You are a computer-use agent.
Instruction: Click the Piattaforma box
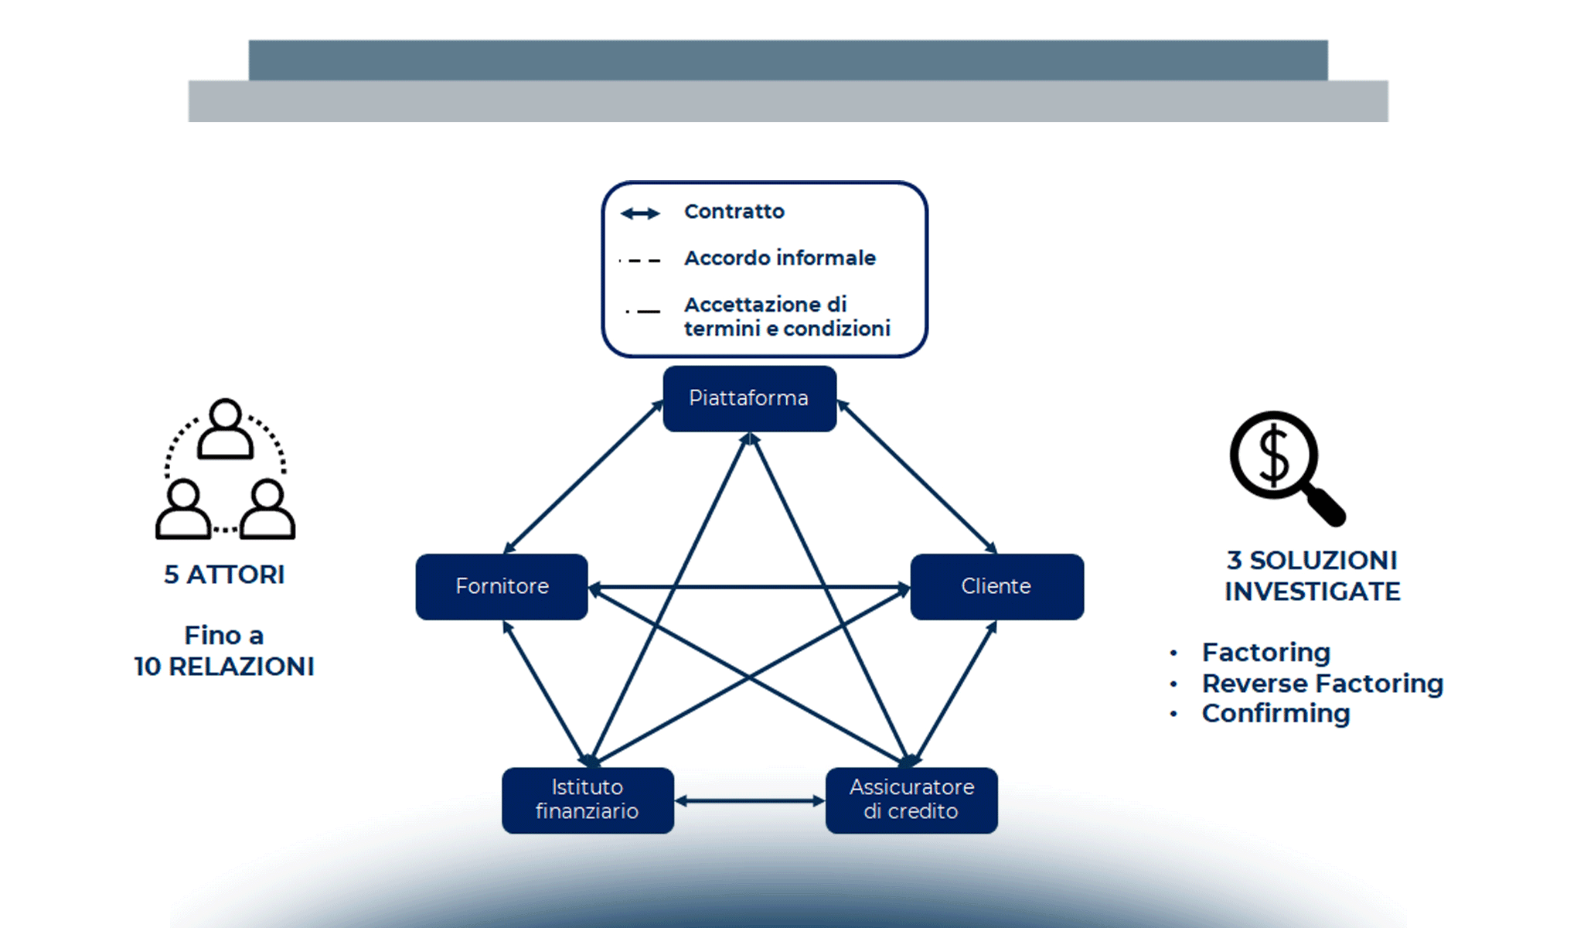pos(749,398)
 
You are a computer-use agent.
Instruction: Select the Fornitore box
pos(502,586)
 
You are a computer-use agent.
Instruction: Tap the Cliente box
pos(996,586)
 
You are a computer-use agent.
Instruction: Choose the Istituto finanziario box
pos(588,800)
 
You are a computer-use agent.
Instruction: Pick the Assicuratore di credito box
pos(911,800)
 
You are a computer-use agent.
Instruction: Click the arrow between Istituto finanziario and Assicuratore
pos(750,801)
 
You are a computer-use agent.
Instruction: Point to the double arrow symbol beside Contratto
pos(641,213)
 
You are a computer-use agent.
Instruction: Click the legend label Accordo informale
pos(779,258)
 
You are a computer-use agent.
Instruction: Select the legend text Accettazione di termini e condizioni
pos(786,316)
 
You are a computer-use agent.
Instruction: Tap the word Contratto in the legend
pos(734,212)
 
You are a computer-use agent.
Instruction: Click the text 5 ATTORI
pos(224,575)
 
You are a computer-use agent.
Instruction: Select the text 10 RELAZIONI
pos(224,667)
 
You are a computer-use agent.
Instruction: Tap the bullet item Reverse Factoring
pos(1322,684)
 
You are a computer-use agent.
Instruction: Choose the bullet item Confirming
pos(1276,714)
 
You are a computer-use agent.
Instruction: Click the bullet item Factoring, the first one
pos(1265,653)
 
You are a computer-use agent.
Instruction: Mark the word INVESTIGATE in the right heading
pos(1312,592)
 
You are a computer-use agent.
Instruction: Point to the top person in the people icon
pos(226,428)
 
